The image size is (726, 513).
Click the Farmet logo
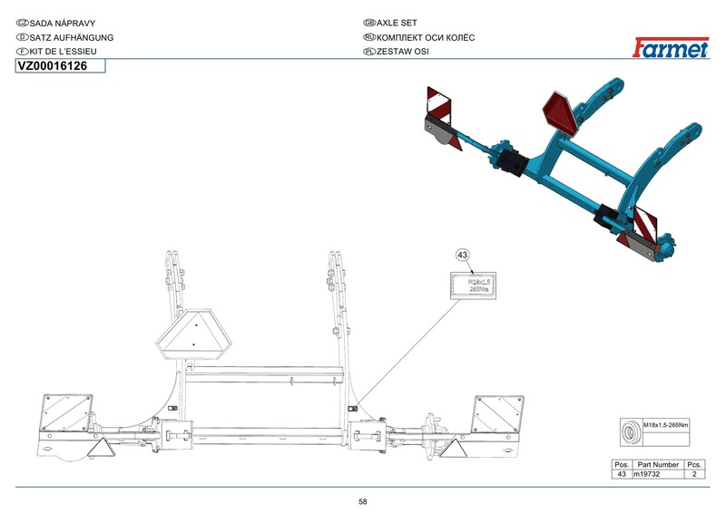(671, 48)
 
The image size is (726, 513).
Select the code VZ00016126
(53, 66)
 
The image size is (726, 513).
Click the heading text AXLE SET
(397, 23)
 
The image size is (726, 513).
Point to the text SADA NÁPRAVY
(63, 24)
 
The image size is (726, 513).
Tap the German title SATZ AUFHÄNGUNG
(72, 37)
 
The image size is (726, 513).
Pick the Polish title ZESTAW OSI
(402, 52)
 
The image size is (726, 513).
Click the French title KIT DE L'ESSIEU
(63, 52)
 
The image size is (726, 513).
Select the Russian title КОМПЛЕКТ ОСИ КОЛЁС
(426, 37)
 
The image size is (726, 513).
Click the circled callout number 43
(462, 255)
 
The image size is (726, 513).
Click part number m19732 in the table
(646, 474)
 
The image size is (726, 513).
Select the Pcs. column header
(694, 464)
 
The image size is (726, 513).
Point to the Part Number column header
(658, 464)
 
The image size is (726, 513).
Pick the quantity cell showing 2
(694, 474)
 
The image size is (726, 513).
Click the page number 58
(363, 501)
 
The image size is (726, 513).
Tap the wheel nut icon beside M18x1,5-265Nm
(631, 432)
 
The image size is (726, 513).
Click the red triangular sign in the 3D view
(561, 112)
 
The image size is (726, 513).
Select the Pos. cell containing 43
(622, 474)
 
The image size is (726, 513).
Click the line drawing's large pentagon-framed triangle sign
(193, 334)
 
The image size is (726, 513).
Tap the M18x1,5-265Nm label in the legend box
(665, 425)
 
